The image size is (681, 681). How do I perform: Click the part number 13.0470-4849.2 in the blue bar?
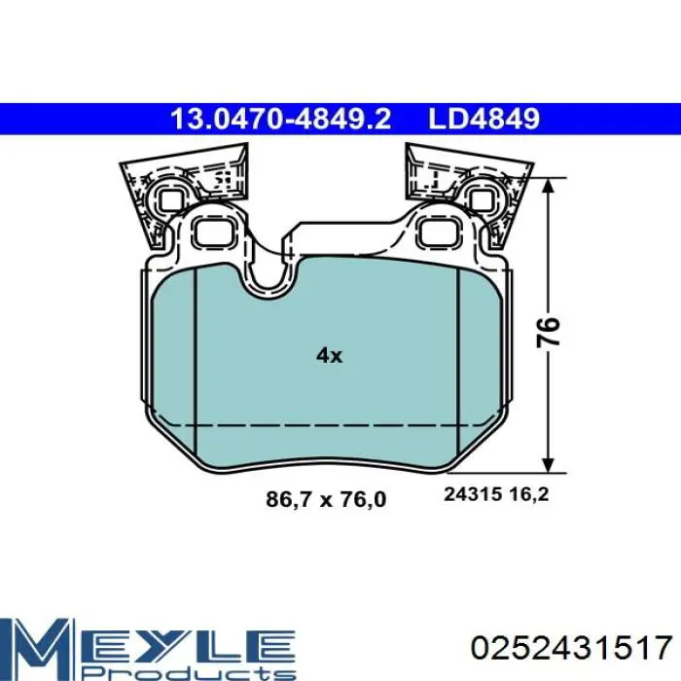(x=281, y=119)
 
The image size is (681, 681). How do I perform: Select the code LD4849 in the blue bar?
(x=484, y=119)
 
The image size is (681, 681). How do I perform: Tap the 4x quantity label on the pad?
(x=329, y=356)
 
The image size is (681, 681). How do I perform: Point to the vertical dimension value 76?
(x=549, y=332)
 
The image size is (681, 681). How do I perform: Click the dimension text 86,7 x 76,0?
(x=326, y=499)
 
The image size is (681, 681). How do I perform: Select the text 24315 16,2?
(x=496, y=494)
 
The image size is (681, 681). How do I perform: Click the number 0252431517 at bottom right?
(x=572, y=648)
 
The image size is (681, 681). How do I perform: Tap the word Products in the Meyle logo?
(x=188, y=672)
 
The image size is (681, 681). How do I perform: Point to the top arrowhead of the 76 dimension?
(x=549, y=185)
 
